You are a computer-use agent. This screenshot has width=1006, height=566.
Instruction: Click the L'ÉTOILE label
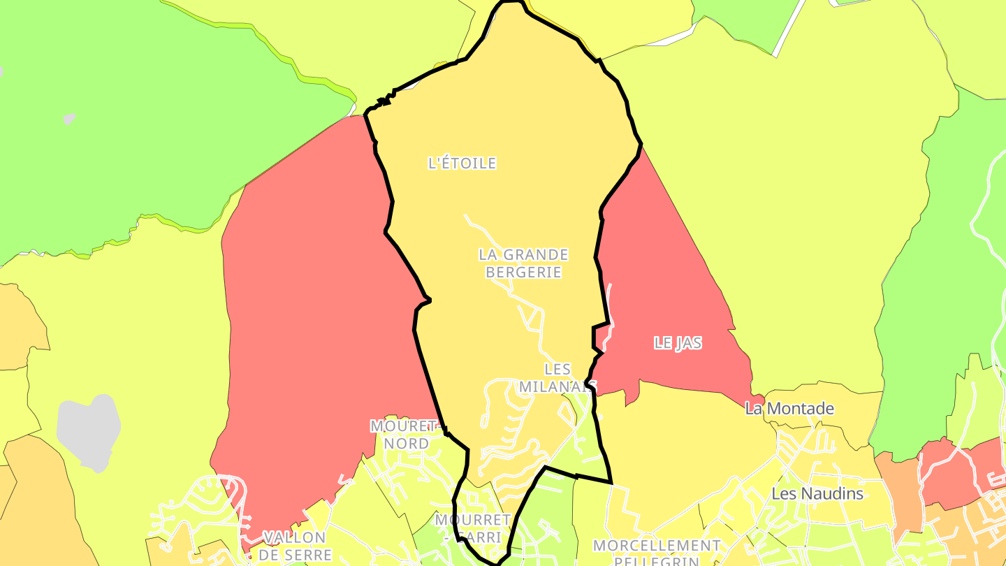coord(462,163)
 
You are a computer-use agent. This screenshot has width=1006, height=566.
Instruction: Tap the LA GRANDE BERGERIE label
coord(523,263)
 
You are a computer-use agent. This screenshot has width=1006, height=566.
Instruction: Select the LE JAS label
coord(677,343)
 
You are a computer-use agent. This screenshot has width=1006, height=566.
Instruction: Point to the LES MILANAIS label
coord(557,377)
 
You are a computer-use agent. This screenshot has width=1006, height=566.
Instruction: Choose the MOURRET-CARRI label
coord(472,528)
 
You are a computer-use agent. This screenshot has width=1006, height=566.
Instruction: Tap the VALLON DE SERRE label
coord(294,546)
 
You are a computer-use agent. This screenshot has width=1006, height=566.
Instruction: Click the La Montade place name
coord(789,409)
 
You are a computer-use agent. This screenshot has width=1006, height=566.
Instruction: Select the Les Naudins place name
coord(817,494)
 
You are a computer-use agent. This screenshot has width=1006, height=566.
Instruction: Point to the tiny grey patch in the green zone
coord(69,119)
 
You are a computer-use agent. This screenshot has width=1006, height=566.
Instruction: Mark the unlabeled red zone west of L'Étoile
coord(314,314)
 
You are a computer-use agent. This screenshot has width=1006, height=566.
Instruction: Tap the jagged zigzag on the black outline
coord(384,101)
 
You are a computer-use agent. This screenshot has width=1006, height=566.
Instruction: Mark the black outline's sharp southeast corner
coord(611,482)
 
